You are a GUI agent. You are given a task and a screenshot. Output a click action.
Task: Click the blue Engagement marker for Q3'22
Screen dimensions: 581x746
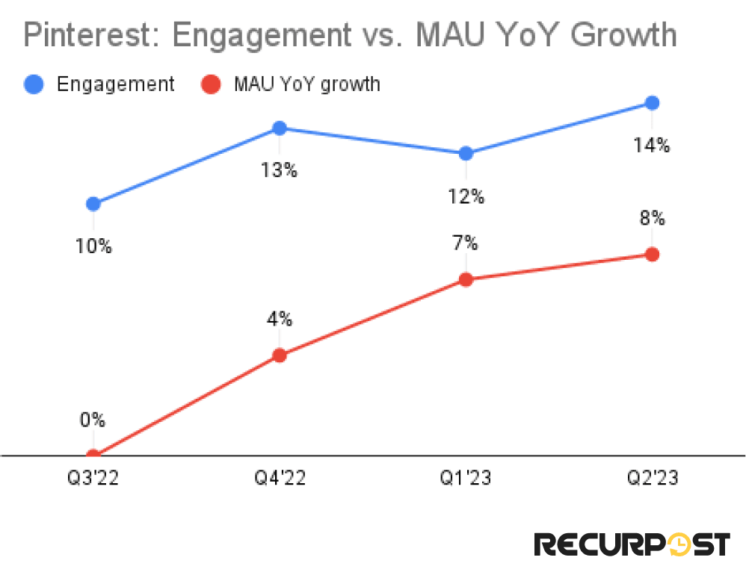tap(93, 204)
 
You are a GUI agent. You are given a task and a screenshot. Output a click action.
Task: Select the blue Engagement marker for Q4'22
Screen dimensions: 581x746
tap(280, 128)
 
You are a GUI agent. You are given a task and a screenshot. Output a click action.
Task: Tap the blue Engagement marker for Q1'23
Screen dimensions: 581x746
tap(466, 154)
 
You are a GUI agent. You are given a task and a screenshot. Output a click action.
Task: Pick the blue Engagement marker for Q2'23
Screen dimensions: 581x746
tap(652, 103)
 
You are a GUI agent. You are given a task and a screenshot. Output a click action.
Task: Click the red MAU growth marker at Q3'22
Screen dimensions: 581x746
tap(93, 454)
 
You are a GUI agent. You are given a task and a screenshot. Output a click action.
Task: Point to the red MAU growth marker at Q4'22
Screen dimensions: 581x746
tap(280, 355)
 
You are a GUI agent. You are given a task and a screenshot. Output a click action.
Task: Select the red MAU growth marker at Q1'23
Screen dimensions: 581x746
tap(466, 280)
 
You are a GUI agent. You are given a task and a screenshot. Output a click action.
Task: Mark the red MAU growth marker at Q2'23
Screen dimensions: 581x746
tap(652, 255)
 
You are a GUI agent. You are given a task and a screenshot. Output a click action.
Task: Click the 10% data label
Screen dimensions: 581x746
tap(93, 246)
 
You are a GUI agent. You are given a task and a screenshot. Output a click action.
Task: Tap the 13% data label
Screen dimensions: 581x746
tap(280, 170)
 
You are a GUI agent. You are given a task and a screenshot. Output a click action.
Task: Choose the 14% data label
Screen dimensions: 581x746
tap(652, 145)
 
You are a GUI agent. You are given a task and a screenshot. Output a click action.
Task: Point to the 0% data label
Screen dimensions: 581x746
tap(93, 420)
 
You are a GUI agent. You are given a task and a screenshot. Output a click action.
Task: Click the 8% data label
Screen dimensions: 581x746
tap(652, 218)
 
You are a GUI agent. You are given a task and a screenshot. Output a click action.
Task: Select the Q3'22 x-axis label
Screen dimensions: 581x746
tap(93, 478)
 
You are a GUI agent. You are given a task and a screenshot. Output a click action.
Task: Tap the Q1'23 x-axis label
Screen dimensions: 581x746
tap(466, 478)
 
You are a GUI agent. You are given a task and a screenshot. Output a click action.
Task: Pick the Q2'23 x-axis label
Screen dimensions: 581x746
tap(652, 478)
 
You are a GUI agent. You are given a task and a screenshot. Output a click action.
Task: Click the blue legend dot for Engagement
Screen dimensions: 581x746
tap(34, 84)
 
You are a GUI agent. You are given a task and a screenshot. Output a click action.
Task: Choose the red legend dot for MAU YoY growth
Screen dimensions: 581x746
tap(212, 84)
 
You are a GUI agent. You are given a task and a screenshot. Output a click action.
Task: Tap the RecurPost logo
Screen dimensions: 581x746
tap(632, 544)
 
